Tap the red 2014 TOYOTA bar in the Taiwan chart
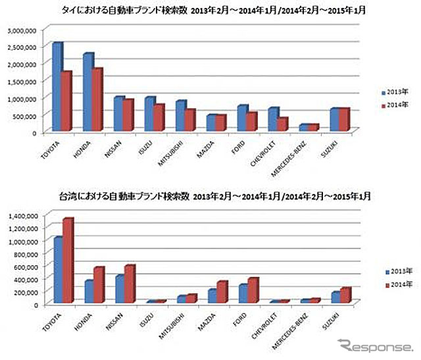67,261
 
